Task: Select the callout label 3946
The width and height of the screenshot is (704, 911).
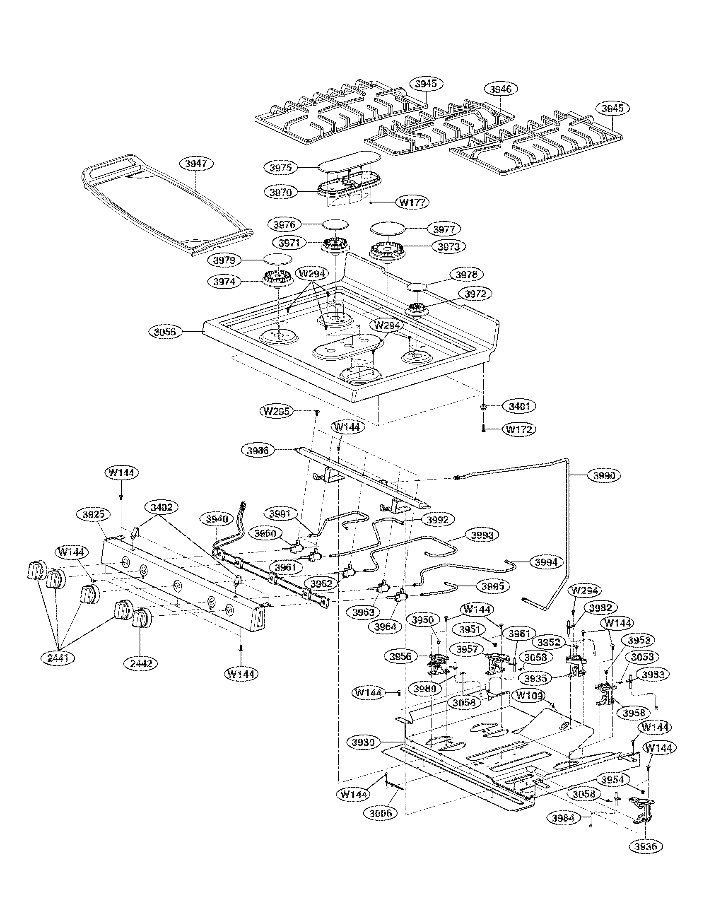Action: [500, 89]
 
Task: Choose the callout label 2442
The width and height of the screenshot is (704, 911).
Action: [141, 663]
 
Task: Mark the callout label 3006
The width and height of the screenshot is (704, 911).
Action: [381, 812]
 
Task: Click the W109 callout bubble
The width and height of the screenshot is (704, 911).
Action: [530, 695]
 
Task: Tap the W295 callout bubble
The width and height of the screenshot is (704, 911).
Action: [276, 411]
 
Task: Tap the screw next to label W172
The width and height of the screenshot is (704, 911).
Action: [483, 429]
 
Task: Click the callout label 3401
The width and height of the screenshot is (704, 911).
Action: [519, 406]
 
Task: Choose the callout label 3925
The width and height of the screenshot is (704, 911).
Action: [94, 514]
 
